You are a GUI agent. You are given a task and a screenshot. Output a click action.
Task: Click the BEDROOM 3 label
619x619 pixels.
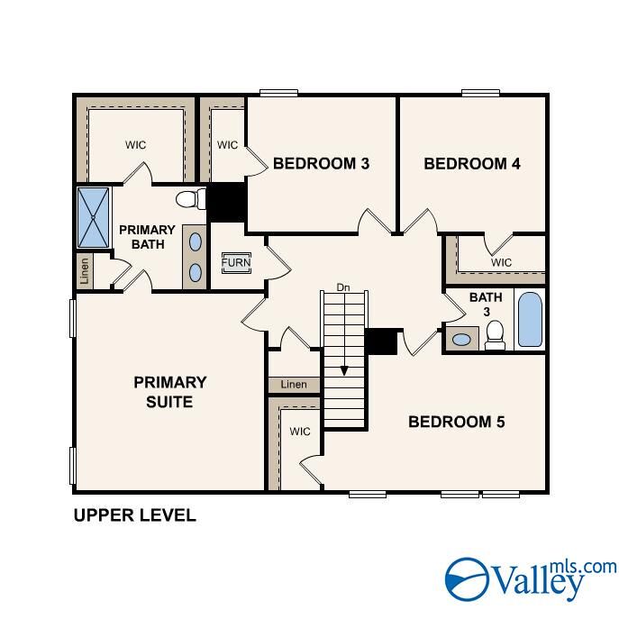pos(322,164)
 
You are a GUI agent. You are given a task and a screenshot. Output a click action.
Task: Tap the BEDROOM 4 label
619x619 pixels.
pos(472,164)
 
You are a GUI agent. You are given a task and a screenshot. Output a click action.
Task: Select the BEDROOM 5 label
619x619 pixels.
pos(457,422)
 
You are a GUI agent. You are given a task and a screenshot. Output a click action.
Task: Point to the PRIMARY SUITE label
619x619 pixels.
pos(170,392)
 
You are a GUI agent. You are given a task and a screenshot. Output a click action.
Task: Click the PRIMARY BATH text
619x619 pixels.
pos(147,237)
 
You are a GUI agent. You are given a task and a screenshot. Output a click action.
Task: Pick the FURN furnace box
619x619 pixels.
pos(237,262)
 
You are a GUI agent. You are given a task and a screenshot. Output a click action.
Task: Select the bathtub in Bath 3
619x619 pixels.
pos(531,320)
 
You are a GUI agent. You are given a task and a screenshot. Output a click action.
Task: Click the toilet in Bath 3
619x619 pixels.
pos(494,336)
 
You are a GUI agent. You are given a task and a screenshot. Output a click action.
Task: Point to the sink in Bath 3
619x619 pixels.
pos(462,340)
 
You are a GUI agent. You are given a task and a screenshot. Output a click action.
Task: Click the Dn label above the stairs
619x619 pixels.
pos(342,287)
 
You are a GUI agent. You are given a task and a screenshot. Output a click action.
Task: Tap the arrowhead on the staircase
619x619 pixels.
pos(343,369)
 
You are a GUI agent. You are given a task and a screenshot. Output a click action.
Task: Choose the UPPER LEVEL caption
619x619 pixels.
pos(133,516)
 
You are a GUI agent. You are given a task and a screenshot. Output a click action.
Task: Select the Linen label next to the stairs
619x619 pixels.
pos(294,385)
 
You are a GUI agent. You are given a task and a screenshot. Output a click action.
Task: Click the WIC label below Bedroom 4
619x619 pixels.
pos(501,262)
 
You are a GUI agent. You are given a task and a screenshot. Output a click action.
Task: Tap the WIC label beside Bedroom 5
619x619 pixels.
pos(300,432)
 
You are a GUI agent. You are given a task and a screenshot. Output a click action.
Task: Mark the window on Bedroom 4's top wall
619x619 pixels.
pos(480,92)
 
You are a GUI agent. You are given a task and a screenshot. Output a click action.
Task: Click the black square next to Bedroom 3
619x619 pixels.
pos(227,202)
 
